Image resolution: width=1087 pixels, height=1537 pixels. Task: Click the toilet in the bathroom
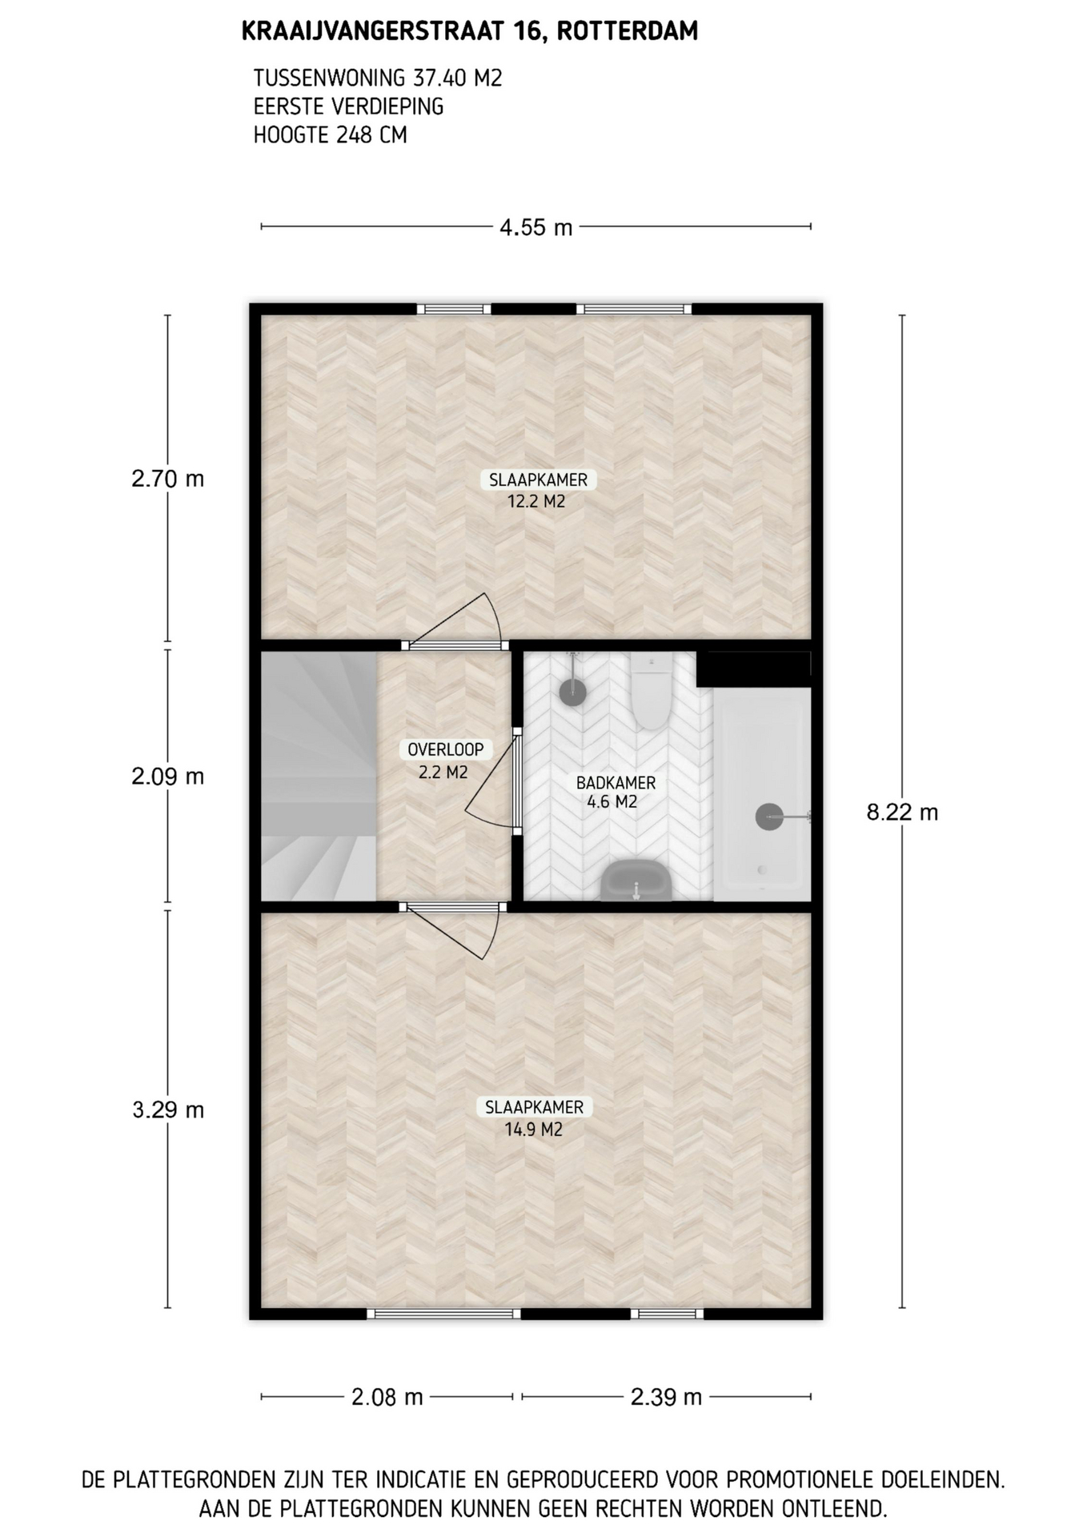click(x=650, y=690)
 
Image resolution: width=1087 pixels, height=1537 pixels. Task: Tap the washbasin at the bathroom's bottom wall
click(x=636, y=880)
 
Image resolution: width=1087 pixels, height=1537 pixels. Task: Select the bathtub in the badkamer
click(x=762, y=795)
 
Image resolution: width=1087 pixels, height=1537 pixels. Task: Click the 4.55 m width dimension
click(x=535, y=227)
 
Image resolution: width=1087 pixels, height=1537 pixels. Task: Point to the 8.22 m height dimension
click(x=902, y=813)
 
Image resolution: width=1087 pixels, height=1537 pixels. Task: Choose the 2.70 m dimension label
click(x=168, y=479)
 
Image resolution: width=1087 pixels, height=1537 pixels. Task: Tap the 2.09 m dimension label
click(x=168, y=777)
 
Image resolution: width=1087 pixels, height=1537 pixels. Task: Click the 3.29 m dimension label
click(x=168, y=1110)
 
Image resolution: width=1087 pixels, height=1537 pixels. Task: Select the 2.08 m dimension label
click(x=387, y=1397)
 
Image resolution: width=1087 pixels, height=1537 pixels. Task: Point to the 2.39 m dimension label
click(x=666, y=1397)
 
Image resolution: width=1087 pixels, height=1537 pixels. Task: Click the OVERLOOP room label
click(x=446, y=749)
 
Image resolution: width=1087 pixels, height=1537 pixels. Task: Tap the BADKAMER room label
click(x=616, y=783)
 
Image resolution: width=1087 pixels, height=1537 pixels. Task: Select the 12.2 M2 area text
click(x=536, y=502)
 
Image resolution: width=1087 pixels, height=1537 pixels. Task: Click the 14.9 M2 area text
click(x=534, y=1130)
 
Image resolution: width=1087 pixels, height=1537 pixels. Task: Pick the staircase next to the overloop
click(x=319, y=777)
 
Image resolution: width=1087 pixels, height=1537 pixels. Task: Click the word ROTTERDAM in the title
click(x=627, y=31)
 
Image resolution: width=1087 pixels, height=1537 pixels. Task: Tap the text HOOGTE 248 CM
click(x=330, y=134)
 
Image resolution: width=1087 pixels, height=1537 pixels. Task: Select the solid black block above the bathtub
click(x=754, y=668)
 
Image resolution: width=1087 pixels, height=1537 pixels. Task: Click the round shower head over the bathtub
click(x=769, y=817)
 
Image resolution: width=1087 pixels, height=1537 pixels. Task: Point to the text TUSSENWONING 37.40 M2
click(x=378, y=78)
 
